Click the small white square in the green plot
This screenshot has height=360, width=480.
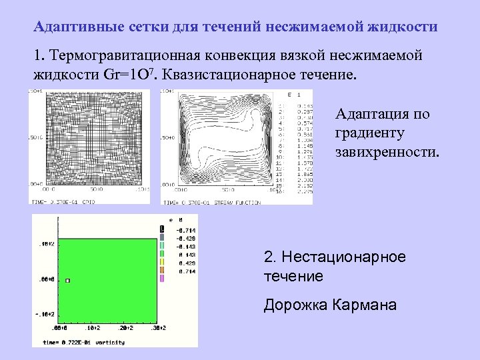(x=67, y=281)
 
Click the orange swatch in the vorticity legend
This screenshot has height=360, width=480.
(x=162, y=271)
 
